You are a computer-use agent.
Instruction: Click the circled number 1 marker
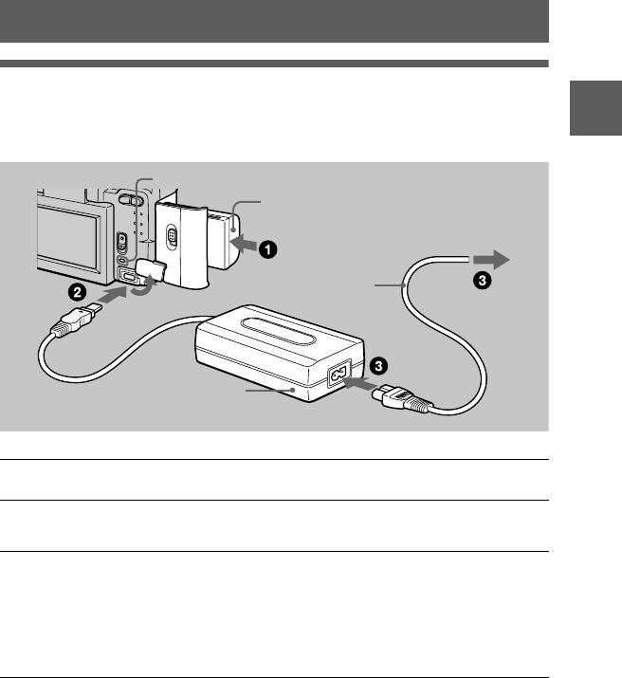point(269,249)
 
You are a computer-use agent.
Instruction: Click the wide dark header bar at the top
point(274,21)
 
